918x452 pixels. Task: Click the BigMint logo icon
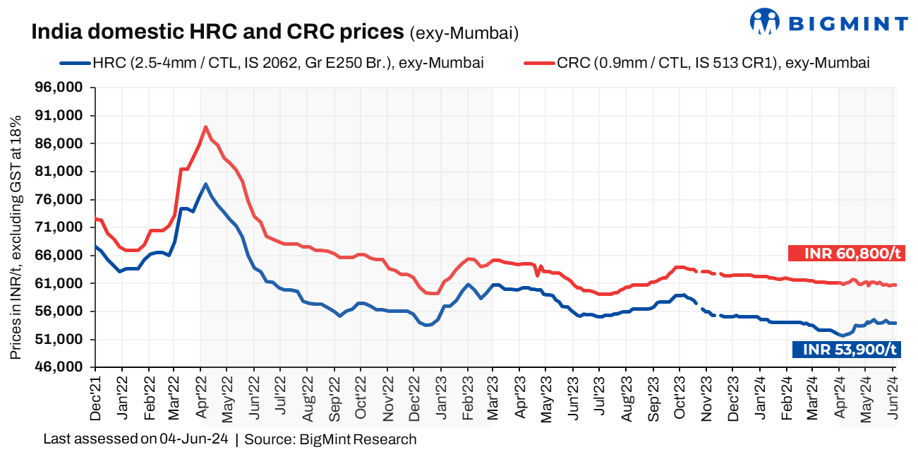click(764, 22)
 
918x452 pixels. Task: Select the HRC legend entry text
click(288, 63)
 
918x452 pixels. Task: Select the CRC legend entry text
click(713, 63)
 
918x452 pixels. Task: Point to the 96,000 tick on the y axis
click(64, 88)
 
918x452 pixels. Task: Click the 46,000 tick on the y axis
click(64, 367)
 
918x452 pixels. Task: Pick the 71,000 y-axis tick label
click(64, 227)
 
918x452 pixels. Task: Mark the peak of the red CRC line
click(205, 127)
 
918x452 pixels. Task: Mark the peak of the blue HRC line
click(205, 184)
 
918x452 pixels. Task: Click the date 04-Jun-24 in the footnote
click(193, 439)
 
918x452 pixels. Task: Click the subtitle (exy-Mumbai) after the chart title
click(464, 32)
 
